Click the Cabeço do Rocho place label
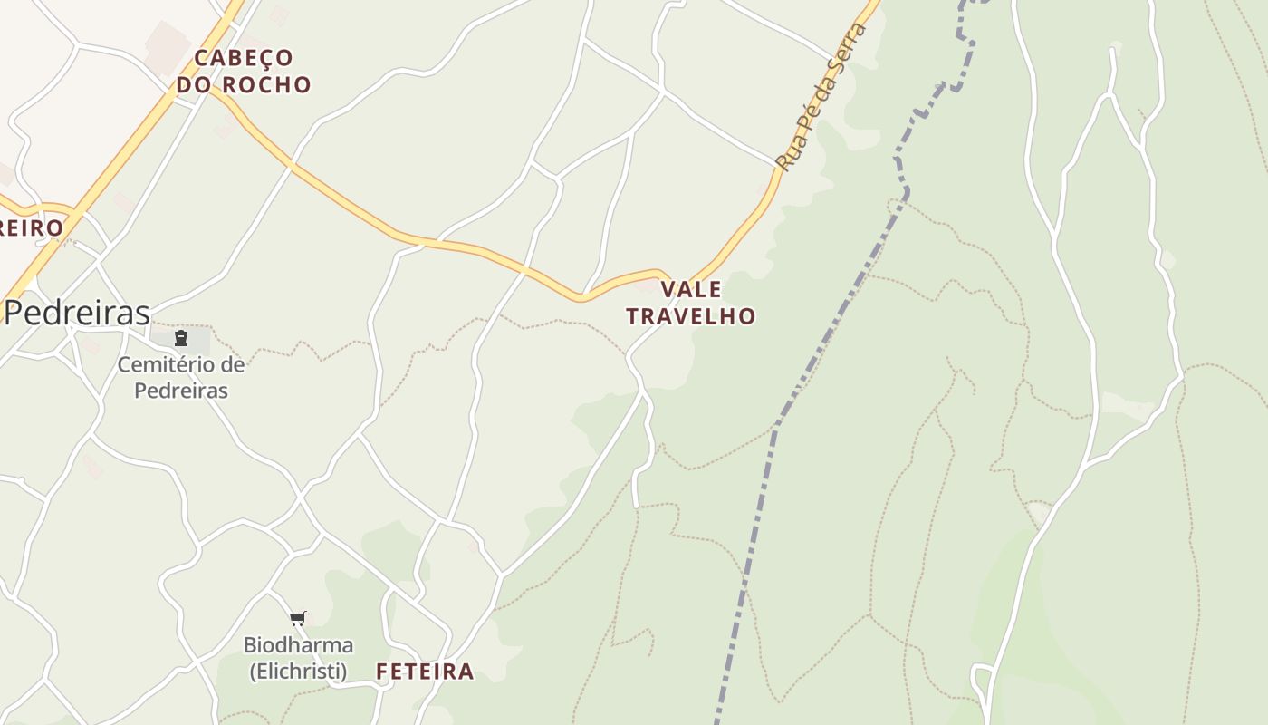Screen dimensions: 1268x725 click(244, 71)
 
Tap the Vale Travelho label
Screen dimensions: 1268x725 click(691, 303)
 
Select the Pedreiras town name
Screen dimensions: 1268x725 click(77, 313)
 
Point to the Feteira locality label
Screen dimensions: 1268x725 click(425, 672)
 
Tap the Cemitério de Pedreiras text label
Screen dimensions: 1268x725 click(181, 378)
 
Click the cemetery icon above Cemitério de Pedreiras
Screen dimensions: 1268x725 click(181, 339)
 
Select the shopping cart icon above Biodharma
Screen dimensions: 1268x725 click(298, 619)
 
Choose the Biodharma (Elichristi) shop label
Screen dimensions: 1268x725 click(298, 658)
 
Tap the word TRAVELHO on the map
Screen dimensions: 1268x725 click(691, 316)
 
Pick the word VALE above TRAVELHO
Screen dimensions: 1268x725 click(691, 290)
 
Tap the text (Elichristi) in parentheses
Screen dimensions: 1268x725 click(298, 672)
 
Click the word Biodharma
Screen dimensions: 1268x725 click(298, 645)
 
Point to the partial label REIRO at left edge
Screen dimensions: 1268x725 click(32, 227)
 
